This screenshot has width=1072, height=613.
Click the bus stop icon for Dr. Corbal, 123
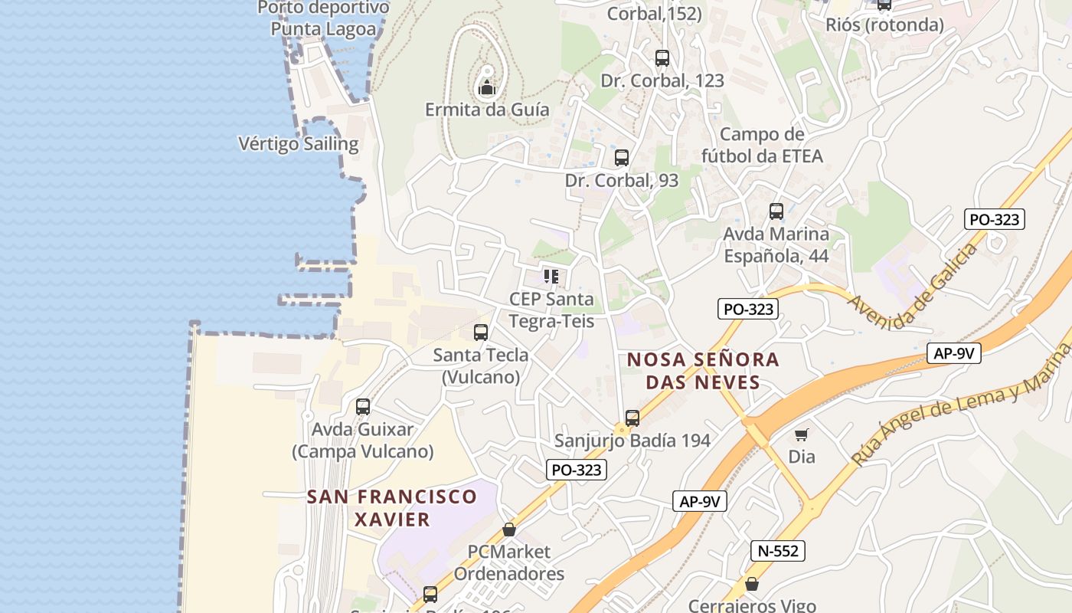(x=662, y=57)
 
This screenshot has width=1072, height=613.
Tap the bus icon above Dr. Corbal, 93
(x=622, y=158)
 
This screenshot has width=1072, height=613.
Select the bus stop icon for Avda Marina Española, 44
(x=776, y=211)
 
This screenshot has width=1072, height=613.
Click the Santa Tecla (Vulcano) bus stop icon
(x=481, y=333)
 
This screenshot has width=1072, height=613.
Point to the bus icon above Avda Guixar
(x=363, y=407)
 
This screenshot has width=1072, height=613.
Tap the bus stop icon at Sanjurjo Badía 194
(x=632, y=418)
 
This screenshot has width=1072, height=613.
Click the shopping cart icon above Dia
(x=802, y=435)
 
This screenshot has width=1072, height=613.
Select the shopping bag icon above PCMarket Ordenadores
(x=508, y=529)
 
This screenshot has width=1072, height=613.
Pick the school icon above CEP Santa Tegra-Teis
(x=551, y=276)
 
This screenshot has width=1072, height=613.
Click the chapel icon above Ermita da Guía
(x=487, y=88)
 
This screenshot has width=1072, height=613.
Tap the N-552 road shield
(x=778, y=550)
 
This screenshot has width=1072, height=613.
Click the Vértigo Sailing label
(x=299, y=144)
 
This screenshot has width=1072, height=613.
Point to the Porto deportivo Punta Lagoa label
(x=323, y=18)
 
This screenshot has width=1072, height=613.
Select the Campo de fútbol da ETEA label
(x=762, y=146)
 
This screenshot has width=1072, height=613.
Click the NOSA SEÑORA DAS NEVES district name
(x=703, y=371)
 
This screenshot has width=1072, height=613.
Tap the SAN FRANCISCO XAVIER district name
(x=392, y=508)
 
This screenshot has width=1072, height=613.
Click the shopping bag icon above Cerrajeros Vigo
(x=752, y=584)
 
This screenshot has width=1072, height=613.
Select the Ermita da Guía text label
(x=487, y=110)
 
